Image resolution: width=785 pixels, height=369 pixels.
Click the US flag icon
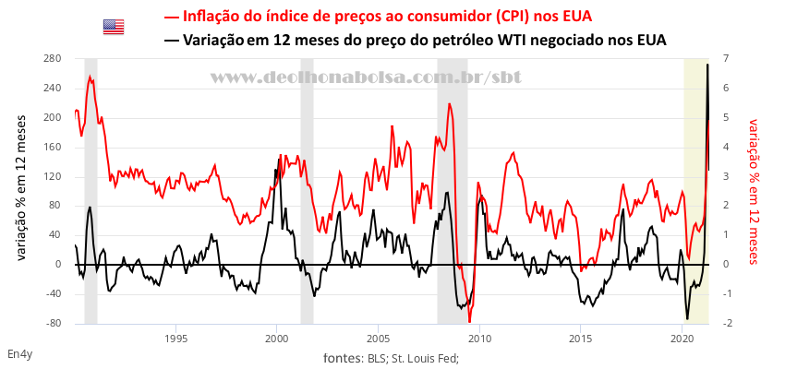point(114,27)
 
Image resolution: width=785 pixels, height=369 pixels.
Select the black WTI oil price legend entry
point(415,40)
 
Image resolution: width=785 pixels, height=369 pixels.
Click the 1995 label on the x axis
point(175,339)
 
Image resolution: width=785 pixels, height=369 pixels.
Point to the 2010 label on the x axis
point(479,339)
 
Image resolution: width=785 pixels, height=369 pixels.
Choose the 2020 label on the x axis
point(682,339)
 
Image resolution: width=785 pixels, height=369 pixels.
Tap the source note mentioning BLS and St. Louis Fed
point(392,358)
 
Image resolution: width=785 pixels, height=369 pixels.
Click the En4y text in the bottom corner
point(19,354)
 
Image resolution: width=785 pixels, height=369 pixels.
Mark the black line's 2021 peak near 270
point(707,65)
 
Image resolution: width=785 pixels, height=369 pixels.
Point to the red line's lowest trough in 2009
point(469,321)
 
